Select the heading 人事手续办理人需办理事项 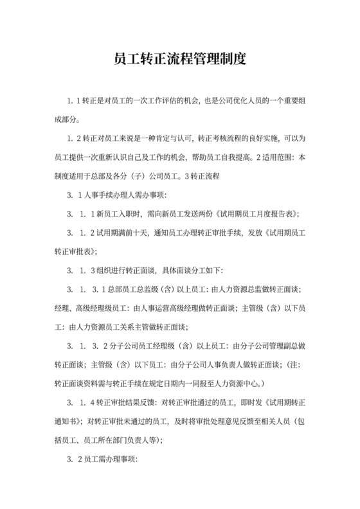click(x=128, y=195)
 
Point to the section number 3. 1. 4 click(x=81, y=404)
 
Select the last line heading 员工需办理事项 click(x=109, y=460)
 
